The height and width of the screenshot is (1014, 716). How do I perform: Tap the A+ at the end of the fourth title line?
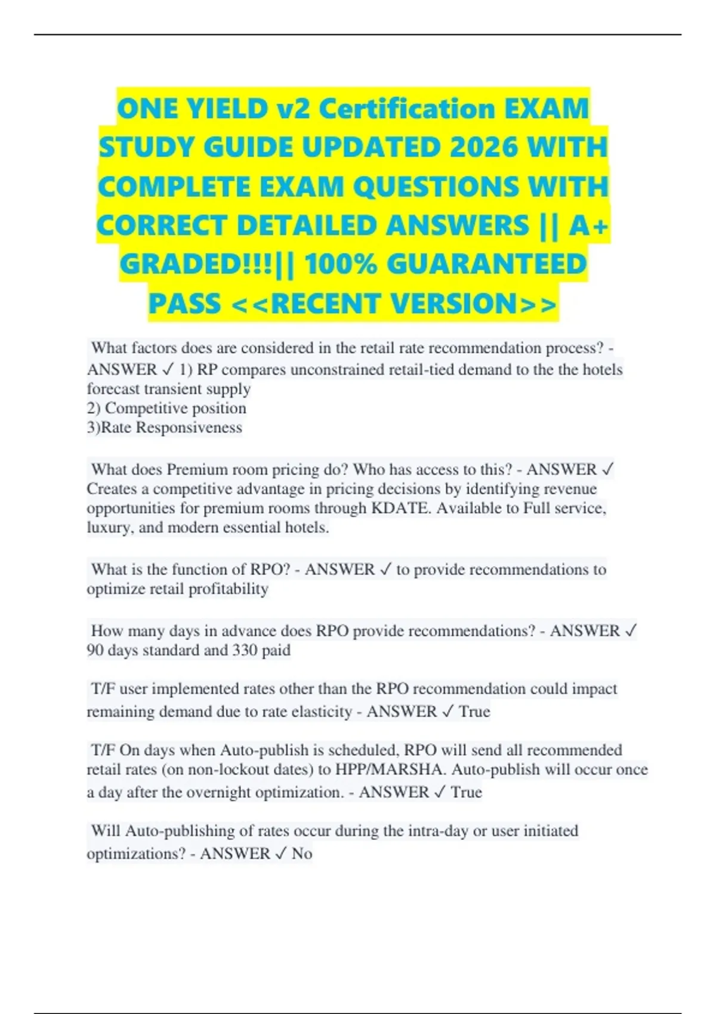588,225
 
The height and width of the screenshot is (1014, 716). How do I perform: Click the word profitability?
229,589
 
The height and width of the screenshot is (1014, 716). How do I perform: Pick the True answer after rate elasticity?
474,712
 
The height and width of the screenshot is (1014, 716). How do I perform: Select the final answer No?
302,854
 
